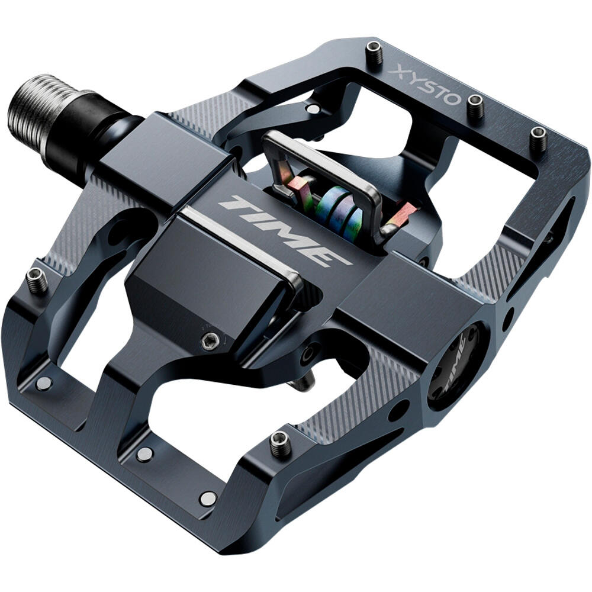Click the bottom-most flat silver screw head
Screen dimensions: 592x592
(x=207, y=498)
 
